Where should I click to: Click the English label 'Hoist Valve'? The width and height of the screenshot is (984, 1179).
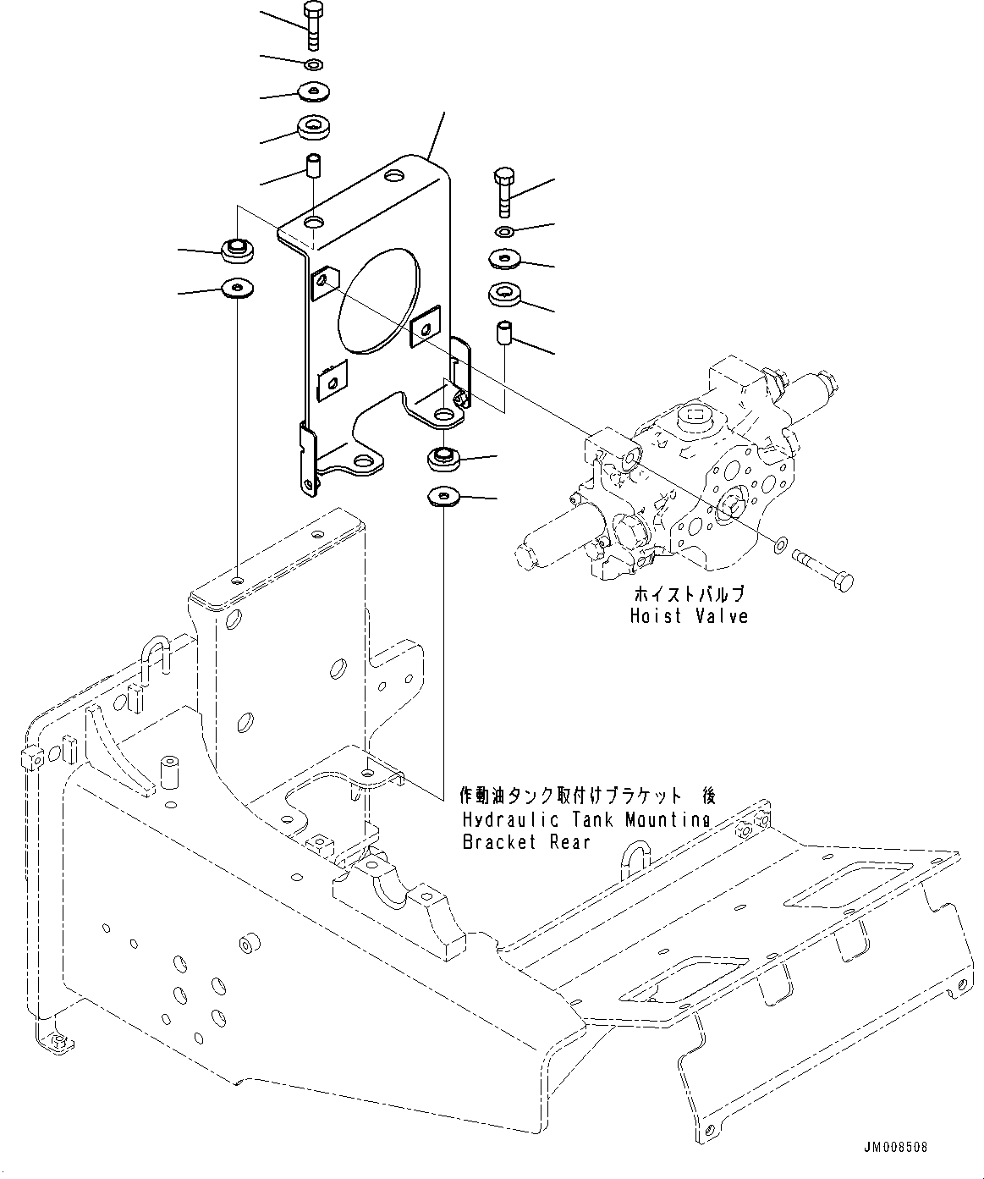click(x=689, y=616)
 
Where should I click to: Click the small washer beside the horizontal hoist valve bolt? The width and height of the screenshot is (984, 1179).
click(x=779, y=543)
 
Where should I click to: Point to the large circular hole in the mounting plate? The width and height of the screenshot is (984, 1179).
click(x=378, y=300)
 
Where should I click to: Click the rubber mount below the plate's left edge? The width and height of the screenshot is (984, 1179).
click(x=238, y=250)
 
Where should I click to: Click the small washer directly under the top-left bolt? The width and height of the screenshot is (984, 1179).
click(x=314, y=64)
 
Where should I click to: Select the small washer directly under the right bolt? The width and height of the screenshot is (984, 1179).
click(x=504, y=231)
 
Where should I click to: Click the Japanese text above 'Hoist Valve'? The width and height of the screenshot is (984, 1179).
click(x=689, y=594)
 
